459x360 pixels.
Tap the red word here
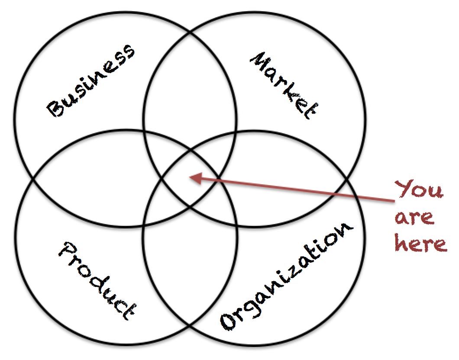420,243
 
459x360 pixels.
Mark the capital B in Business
56,108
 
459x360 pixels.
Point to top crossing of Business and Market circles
191,33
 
